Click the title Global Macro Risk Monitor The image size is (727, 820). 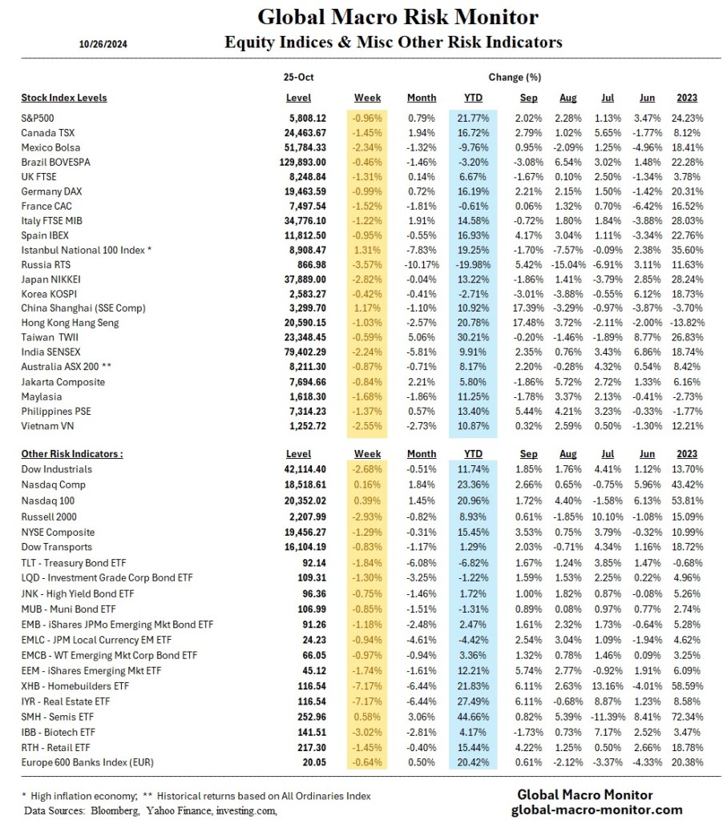(398, 18)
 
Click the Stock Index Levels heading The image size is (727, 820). (63, 98)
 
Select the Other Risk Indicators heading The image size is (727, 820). (72, 454)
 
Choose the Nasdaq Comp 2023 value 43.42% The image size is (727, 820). (687, 484)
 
